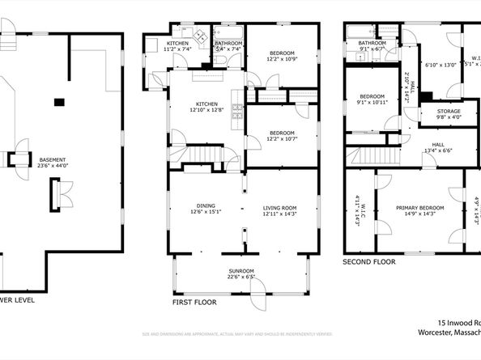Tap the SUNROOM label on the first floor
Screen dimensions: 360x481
(240, 271)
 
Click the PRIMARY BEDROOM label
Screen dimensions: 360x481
(419, 208)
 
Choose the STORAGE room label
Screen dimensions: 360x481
(449, 111)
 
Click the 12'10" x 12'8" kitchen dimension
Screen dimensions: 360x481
(205, 111)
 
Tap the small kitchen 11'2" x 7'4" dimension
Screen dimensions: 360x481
(177, 49)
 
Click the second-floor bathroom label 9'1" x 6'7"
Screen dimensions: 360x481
(372, 49)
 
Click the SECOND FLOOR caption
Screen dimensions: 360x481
(368, 262)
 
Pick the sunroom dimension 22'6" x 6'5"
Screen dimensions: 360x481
(240, 277)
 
